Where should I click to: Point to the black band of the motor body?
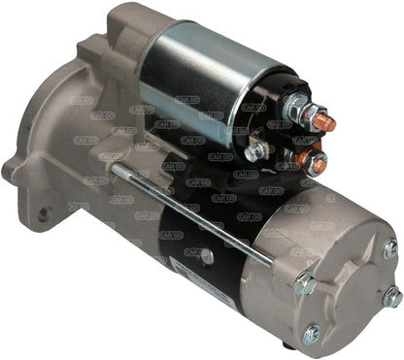click(209, 247)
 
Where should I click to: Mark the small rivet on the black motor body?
click(206, 256)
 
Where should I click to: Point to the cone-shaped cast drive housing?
click(87, 126)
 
